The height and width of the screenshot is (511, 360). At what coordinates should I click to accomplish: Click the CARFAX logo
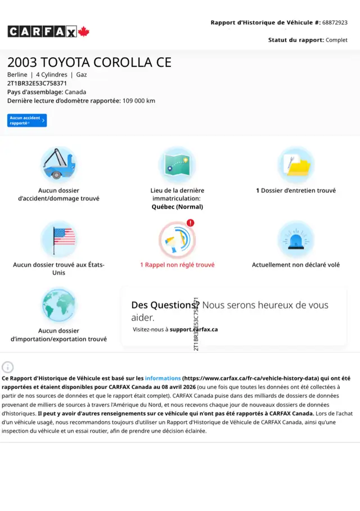pos(42,31)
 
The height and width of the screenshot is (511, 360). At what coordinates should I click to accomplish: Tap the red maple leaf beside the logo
pos(84,31)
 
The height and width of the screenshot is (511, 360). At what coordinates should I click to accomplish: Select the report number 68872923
pos(335,22)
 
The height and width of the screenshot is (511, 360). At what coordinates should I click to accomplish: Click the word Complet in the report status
pos(336,40)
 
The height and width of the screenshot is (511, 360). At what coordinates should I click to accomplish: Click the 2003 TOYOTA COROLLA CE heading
pos(89,62)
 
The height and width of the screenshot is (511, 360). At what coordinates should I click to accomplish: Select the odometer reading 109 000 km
pos(139,101)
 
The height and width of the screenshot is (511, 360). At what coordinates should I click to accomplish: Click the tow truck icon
pos(58,164)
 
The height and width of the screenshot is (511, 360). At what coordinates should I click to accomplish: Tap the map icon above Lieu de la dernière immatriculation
pos(177,164)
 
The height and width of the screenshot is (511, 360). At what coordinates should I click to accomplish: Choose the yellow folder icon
pos(296,165)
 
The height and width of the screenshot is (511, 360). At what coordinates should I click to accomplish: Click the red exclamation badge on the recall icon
pos(190,223)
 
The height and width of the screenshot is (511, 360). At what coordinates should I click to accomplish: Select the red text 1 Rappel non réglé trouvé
pos(177,265)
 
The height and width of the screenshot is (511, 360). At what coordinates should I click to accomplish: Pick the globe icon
pos(58,305)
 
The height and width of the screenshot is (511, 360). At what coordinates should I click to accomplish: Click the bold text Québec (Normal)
pos(177,206)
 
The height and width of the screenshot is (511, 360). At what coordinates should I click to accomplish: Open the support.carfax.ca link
pos(193,329)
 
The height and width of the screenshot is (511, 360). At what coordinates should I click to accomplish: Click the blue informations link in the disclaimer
pos(163,378)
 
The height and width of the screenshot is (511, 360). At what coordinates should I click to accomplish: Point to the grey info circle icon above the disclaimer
pos(8,367)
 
